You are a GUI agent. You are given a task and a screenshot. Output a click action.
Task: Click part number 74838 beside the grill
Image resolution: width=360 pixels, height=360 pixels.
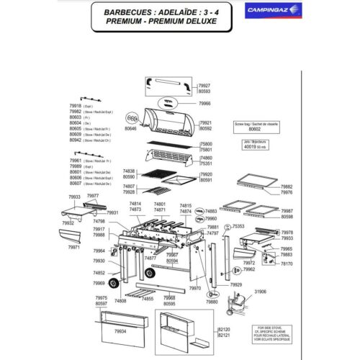(x=129, y=171)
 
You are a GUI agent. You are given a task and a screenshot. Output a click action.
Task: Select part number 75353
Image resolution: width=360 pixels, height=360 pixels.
(x=239, y=226)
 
